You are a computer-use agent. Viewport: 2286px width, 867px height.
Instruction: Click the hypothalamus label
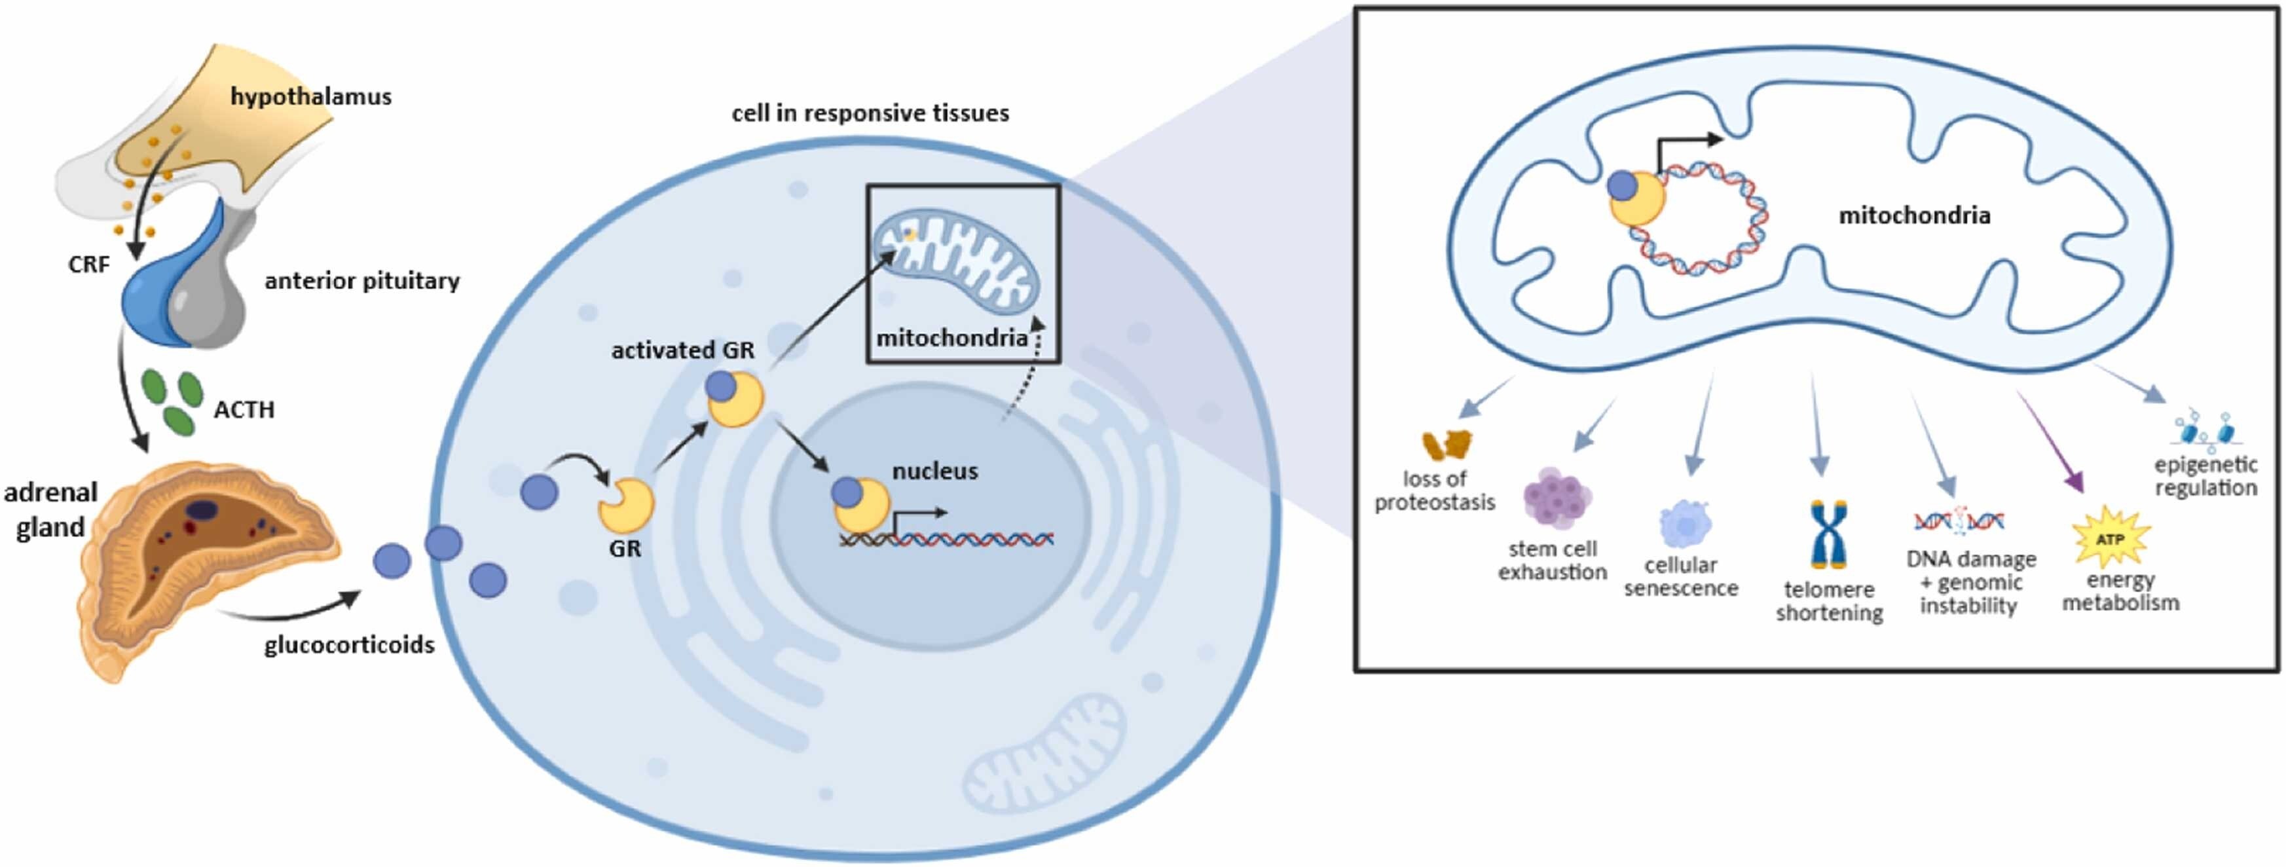[x=310, y=96]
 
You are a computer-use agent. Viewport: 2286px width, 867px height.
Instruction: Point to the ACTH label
[x=244, y=409]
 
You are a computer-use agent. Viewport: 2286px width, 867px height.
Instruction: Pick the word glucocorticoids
[x=350, y=644]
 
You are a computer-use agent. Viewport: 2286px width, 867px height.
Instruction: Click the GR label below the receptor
[x=625, y=548]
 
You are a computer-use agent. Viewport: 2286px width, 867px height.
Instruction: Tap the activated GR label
[x=682, y=350]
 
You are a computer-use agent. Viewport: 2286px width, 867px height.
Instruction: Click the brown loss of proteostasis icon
[x=1447, y=445]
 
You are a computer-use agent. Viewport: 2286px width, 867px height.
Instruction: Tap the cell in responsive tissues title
[x=870, y=113]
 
